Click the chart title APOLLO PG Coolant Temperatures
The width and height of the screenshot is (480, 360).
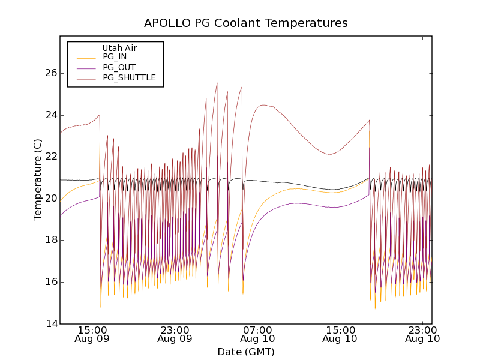pyautogui.click(x=246, y=23)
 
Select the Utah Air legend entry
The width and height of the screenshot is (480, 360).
pyautogui.click(x=119, y=48)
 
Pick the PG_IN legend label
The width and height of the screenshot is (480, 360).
pyautogui.click(x=115, y=57)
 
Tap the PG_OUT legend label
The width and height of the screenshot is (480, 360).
pyautogui.click(x=119, y=67)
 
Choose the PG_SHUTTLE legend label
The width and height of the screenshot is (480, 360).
pyautogui.click(x=129, y=77)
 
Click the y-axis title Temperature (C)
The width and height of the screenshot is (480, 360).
pyautogui.click(x=38, y=180)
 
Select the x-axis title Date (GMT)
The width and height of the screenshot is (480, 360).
pyautogui.click(x=246, y=352)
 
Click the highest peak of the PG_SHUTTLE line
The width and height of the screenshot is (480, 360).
pyautogui.click(x=217, y=83)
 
